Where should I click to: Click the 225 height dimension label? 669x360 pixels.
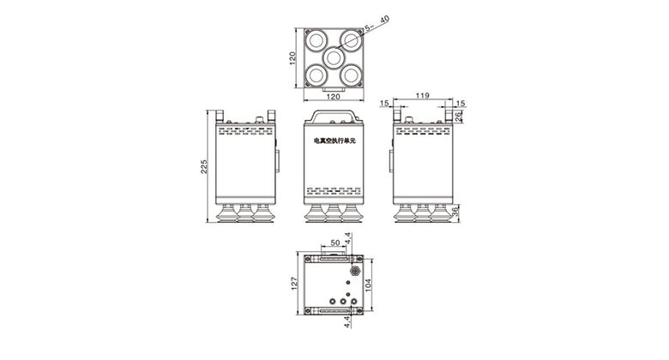(x=204, y=166)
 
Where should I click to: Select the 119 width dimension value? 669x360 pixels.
(x=422, y=95)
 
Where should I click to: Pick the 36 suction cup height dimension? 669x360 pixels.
(x=455, y=211)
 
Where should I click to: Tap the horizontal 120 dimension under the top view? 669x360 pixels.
(x=334, y=98)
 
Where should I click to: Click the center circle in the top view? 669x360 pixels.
(x=334, y=57)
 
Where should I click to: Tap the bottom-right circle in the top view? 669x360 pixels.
(x=351, y=75)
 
